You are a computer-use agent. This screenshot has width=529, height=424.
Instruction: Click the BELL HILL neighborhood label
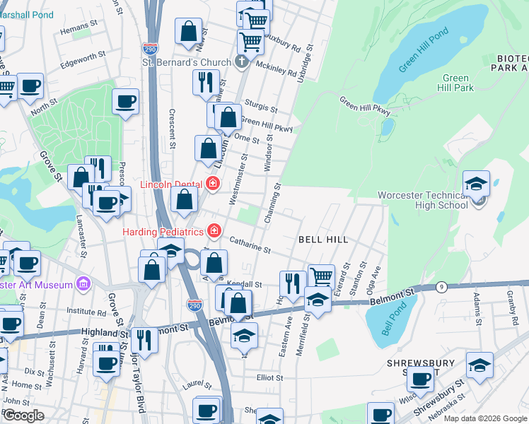323,240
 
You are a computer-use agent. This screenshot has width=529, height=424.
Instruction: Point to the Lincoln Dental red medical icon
213,184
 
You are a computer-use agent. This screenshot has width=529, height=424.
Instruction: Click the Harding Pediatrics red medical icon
213,231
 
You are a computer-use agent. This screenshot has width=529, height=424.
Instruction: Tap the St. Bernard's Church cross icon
242,62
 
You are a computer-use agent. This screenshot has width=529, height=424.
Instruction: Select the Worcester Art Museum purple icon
84,284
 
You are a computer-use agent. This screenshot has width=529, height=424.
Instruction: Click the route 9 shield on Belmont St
442,287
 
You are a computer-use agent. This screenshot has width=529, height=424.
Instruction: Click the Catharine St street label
249,245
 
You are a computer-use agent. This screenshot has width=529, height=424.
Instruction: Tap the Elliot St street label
269,378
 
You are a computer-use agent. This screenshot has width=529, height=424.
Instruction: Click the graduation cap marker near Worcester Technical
477,184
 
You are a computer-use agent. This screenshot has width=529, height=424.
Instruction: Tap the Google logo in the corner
23,415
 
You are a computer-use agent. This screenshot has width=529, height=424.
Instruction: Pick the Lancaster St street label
80,232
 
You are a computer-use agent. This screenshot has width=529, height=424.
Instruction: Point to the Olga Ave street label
377,278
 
